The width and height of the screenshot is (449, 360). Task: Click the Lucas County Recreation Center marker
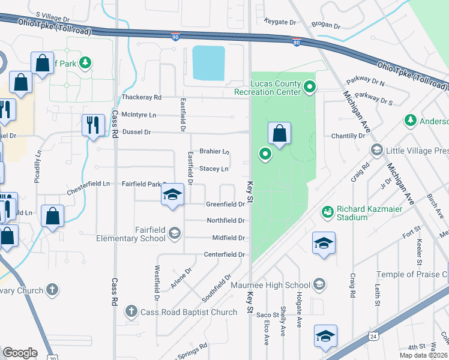(x=310, y=88)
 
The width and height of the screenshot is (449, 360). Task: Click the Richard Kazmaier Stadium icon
(x=327, y=212)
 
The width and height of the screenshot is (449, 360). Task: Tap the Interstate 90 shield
(x=175, y=37)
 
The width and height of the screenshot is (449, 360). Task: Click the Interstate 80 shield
(x=297, y=42)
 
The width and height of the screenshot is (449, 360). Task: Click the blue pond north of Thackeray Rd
(x=208, y=64)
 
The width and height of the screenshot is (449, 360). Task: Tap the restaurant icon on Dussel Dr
(x=93, y=125)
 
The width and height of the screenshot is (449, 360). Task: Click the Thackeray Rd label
(x=142, y=97)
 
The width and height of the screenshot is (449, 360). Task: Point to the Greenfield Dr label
(x=225, y=204)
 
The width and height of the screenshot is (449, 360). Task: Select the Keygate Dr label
(x=281, y=22)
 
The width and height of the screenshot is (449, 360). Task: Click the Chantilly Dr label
(x=348, y=136)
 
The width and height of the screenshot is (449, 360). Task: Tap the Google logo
(x=20, y=353)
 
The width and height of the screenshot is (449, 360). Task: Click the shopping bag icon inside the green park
(x=280, y=133)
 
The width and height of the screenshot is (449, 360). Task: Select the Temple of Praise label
(x=412, y=275)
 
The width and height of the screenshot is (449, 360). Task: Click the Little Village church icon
(x=377, y=149)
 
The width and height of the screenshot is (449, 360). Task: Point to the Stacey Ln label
(x=214, y=169)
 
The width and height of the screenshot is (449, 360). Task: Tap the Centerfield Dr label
(x=224, y=254)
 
